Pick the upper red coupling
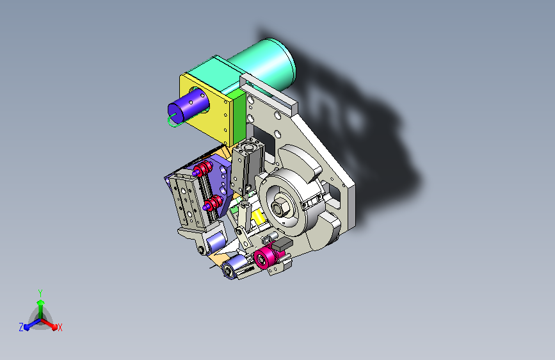(x=202, y=169)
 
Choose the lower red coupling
(x=213, y=204)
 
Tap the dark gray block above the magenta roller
(x=282, y=244)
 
